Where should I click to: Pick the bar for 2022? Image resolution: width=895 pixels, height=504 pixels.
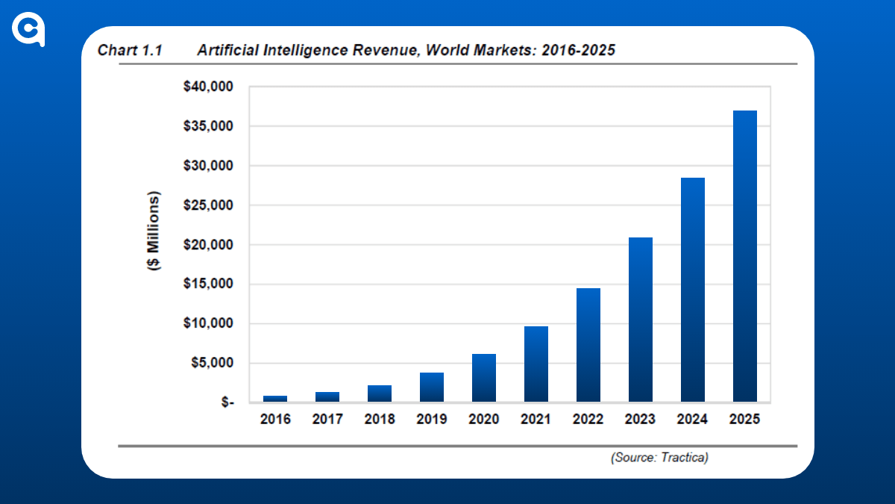click(588, 345)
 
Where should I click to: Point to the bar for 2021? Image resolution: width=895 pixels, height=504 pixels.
click(536, 364)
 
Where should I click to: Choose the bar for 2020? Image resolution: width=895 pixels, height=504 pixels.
click(483, 378)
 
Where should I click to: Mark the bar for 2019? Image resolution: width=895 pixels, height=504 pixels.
click(431, 387)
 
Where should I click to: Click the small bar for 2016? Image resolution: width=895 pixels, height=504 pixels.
click(274, 399)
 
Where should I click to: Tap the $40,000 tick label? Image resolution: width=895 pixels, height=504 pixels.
click(208, 87)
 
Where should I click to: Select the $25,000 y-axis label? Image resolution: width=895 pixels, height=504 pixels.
click(208, 205)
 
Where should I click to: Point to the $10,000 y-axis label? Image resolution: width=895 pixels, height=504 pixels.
click(208, 323)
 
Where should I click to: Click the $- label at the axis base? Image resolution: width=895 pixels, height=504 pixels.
click(224, 402)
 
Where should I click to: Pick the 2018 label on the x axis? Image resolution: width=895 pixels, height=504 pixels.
click(379, 419)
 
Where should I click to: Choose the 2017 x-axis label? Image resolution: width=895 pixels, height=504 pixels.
click(327, 419)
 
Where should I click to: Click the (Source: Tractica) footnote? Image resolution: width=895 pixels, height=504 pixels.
click(659, 457)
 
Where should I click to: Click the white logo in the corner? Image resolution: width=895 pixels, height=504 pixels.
click(29, 30)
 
